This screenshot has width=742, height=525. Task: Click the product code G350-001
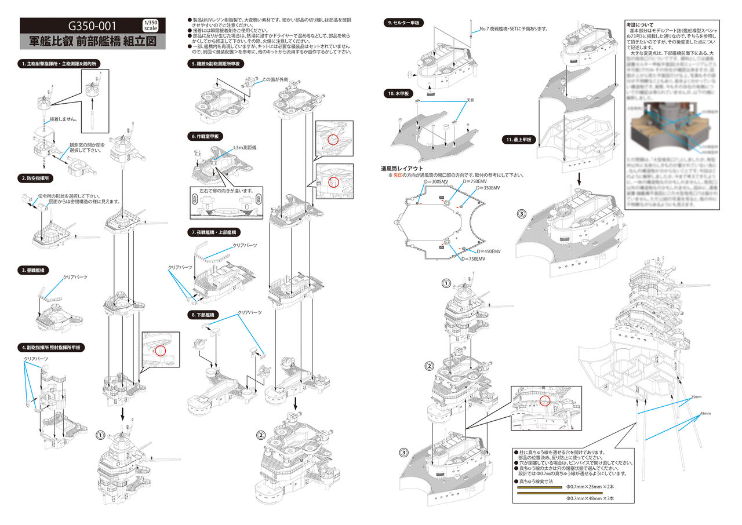coord(92,26)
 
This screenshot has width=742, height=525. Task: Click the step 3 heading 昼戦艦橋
coord(35,270)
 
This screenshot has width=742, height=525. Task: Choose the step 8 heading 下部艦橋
coord(204,315)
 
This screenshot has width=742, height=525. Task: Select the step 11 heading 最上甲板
coord(520,140)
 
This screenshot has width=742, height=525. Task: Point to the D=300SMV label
coord(437,182)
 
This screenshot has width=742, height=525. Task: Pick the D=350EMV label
coord(488,188)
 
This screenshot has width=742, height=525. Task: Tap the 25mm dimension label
coord(696,398)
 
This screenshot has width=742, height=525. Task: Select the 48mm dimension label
coord(705,413)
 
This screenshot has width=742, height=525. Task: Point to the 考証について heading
coord(640,25)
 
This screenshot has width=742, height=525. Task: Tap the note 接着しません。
coord(64,119)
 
